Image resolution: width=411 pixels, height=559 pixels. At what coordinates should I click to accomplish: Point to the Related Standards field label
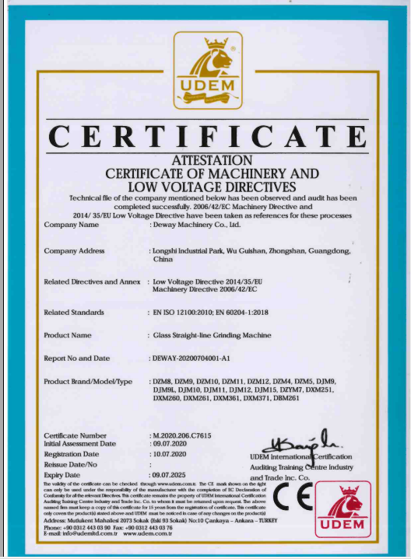pos(75,312)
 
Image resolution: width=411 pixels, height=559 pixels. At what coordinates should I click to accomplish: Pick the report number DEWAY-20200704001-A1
pos(194,358)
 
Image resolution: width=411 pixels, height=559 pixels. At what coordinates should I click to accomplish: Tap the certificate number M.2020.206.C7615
pos(183,435)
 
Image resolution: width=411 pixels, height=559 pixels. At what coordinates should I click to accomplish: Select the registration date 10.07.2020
pos(170,453)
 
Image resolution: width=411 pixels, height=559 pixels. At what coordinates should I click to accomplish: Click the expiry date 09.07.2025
pos(170,473)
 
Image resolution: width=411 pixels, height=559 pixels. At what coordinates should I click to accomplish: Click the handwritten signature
pos(300,441)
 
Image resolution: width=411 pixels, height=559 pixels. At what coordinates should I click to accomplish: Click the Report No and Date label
pos(77,358)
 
